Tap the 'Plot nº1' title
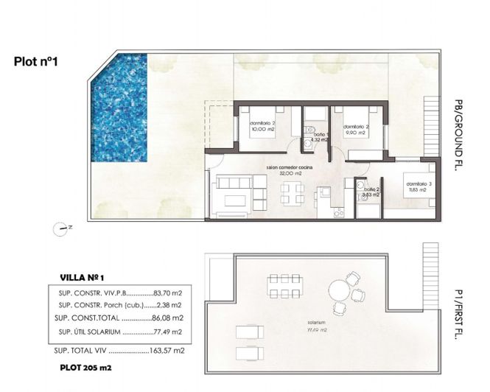pyautogui.click(x=36, y=63)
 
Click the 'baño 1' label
pyautogui.click(x=321, y=135)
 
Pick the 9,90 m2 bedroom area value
pyautogui.click(x=355, y=134)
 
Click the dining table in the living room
pyautogui.click(x=290, y=194)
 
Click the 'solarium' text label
pyautogui.click(x=318, y=323)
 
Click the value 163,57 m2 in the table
pyautogui.click(x=167, y=351)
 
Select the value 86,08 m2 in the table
pyautogui.click(x=167, y=318)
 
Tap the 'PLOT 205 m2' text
pyautogui.click(x=88, y=366)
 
